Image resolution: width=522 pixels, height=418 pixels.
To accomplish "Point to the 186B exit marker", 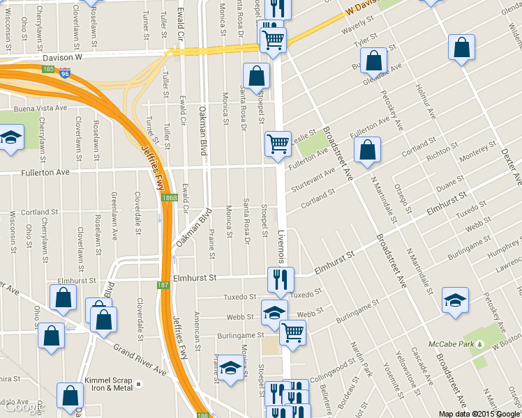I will point(169,198).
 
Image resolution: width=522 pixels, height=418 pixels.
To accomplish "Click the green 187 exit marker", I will point(163,285).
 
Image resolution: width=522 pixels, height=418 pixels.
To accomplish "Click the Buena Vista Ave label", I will point(43,108).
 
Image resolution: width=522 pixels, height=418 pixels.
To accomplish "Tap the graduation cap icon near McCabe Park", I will point(455,300).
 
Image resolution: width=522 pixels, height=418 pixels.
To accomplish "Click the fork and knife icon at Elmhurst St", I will point(281,279).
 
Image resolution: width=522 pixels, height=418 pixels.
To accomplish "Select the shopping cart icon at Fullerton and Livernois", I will point(278,144).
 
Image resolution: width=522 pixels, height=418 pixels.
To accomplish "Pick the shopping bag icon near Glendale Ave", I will point(375,61).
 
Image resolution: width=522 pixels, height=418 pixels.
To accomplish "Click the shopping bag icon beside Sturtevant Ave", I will point(367,150).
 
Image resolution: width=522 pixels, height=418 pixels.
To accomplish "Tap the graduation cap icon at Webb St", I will point(274,312).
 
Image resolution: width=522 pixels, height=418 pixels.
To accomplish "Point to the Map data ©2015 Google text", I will point(479,414).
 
